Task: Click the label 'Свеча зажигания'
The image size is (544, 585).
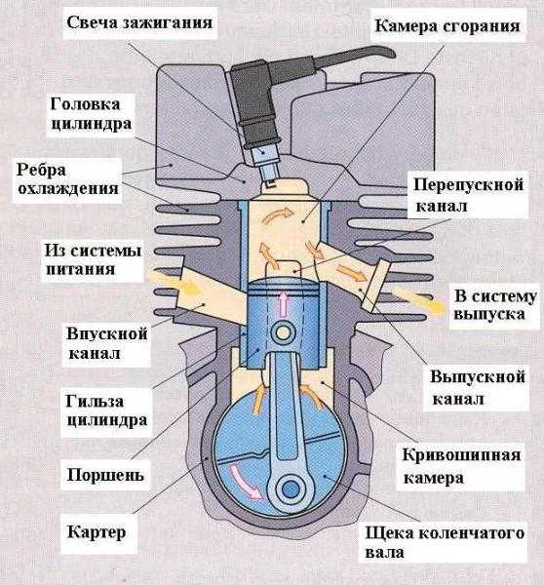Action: (x=139, y=22)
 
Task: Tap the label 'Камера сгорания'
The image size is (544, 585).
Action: (x=447, y=25)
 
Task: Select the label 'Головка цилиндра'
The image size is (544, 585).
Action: (x=91, y=114)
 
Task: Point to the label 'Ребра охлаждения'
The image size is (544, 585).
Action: (x=67, y=179)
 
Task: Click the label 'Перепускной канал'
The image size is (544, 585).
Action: (x=469, y=195)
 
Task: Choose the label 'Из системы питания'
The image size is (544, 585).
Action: (x=93, y=259)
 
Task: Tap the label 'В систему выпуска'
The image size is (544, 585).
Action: (x=495, y=305)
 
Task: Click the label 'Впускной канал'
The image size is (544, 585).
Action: (x=106, y=343)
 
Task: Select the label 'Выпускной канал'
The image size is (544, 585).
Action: (x=478, y=387)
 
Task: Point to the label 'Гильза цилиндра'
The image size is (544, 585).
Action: (x=106, y=410)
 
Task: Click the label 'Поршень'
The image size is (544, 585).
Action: (x=105, y=475)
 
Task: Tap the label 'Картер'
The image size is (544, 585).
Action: (x=97, y=532)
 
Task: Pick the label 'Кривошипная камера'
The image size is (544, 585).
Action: (x=462, y=466)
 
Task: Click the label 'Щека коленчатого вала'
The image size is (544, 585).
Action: (x=445, y=542)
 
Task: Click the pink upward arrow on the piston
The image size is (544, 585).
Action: (x=284, y=303)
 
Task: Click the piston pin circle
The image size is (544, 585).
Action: (x=283, y=333)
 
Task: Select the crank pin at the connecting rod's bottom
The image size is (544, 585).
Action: (x=291, y=489)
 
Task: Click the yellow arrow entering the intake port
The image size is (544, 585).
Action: (x=174, y=285)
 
